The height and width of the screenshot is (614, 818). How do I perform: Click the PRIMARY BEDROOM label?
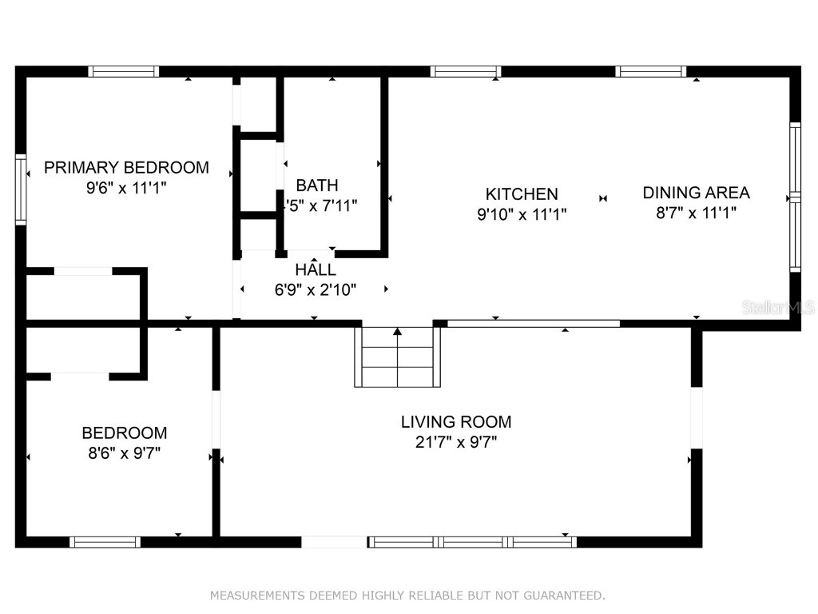click(x=126, y=167)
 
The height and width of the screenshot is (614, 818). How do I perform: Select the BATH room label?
click(x=317, y=185)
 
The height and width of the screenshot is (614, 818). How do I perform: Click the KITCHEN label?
click(x=522, y=193)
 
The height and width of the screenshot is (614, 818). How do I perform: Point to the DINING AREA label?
click(x=696, y=192)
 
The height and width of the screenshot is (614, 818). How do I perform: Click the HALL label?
click(x=316, y=269)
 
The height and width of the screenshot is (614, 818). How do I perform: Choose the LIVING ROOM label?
click(x=455, y=421)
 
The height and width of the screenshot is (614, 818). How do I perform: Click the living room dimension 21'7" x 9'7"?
click(x=455, y=442)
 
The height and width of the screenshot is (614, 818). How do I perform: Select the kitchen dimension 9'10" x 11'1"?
click(x=521, y=213)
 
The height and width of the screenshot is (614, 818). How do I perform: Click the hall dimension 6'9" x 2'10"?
click(x=315, y=289)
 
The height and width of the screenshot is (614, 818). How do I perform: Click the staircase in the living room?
click(x=398, y=364)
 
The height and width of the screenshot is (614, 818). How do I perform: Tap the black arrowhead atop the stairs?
click(x=398, y=331)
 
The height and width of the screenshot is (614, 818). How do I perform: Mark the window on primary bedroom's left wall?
click(x=21, y=189)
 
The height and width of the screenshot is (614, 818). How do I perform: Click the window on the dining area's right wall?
click(x=794, y=197)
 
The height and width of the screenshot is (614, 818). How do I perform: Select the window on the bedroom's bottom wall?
click(x=105, y=542)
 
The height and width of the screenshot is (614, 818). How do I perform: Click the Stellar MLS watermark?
click(x=778, y=307)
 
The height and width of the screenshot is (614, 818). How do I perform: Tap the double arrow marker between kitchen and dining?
click(x=603, y=198)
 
